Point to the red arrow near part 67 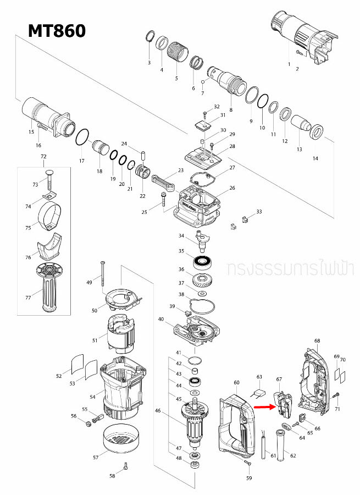tap(264, 408)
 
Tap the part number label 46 tap(158, 411)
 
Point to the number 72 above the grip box tap(44, 157)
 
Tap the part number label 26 tap(232, 188)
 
